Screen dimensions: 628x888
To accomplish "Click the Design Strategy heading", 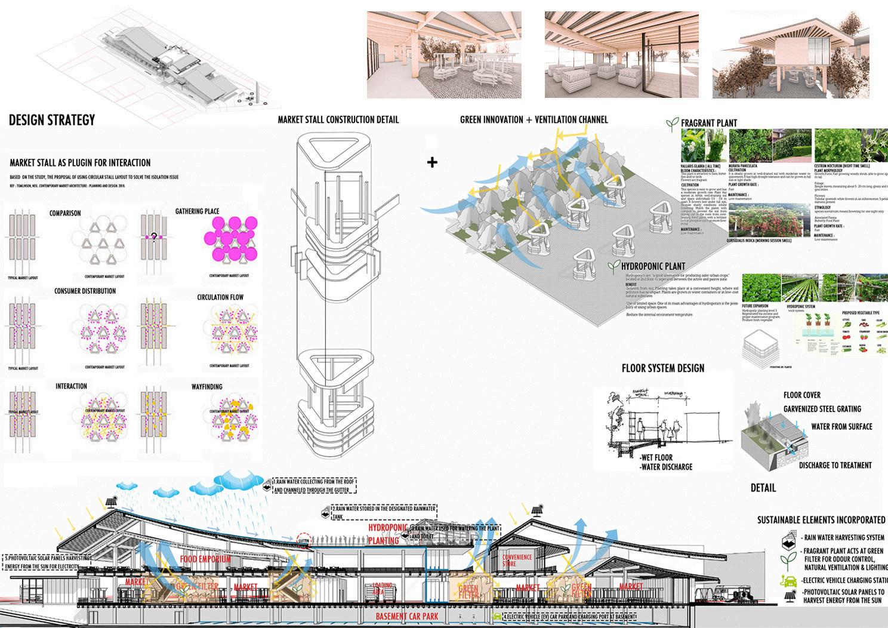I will (x=52, y=120).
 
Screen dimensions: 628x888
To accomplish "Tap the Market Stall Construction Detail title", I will (x=338, y=119).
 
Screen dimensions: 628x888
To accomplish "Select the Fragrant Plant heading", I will (x=708, y=123).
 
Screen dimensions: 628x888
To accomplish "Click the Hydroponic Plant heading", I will (x=653, y=266).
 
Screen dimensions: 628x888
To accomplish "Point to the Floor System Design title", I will (x=662, y=368).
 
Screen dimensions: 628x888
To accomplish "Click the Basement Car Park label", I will (x=409, y=616).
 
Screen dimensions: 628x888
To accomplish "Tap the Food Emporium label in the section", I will (x=205, y=559).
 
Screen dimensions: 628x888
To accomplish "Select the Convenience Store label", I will (x=517, y=560).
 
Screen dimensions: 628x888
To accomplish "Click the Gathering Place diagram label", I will (x=197, y=211).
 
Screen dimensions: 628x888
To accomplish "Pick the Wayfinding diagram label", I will (x=206, y=387).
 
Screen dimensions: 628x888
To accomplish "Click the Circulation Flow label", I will (x=220, y=297).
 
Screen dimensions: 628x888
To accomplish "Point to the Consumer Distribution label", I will (x=85, y=291).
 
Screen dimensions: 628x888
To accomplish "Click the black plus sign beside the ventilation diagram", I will (x=432, y=162).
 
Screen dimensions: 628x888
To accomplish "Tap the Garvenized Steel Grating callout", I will (x=822, y=409).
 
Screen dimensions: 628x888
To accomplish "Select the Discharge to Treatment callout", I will (x=835, y=465).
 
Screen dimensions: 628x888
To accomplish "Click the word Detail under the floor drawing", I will (x=763, y=488).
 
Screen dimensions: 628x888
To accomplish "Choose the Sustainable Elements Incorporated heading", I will (x=821, y=520).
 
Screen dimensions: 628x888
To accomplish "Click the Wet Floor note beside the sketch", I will (x=656, y=457).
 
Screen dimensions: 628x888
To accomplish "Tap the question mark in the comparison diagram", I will (x=154, y=238).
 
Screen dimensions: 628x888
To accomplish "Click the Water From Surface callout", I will (x=841, y=427).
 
